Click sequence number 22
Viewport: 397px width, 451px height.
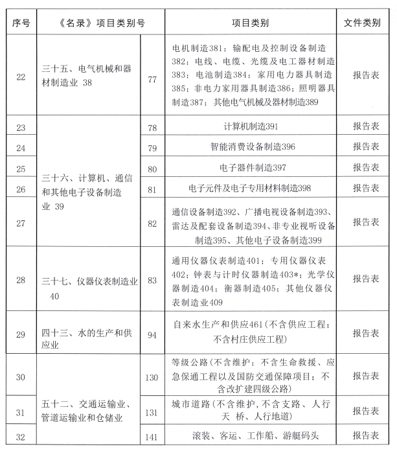[19, 76]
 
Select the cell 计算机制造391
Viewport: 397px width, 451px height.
[250, 126]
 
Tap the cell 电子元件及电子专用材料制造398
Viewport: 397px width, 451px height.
[250, 188]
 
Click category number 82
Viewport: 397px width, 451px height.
[152, 222]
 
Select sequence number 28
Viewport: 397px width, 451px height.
[19, 279]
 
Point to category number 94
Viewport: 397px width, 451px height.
[152, 333]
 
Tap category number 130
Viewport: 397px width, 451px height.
[152, 376]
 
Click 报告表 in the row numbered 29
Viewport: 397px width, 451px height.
[366, 333]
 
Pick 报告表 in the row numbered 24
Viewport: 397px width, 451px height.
[366, 147]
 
